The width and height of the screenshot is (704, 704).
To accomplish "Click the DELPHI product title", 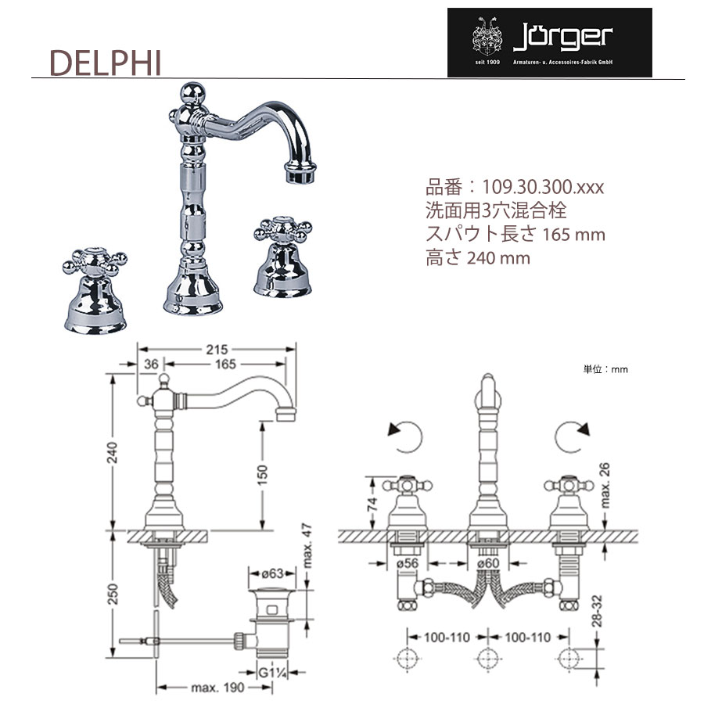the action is pos(105,63).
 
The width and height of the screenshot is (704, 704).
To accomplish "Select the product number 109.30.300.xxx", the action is pos(543,187).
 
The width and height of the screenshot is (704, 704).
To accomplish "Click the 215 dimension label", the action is pos(217,350).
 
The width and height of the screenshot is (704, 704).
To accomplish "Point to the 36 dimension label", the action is pos(151,364).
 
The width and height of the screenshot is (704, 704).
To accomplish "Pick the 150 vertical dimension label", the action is pos(262,475).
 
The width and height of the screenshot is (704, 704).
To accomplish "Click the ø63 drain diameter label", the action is pos(272,573).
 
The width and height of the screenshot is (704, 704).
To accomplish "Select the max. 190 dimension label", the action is pos(217,688).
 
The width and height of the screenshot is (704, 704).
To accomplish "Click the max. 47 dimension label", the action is pos(307,545).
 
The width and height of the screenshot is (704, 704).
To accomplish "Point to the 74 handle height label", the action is pos(372,505).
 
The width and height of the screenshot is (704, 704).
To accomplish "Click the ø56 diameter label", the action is pos(408,563).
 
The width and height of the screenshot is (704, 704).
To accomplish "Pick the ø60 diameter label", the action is pos(488,563).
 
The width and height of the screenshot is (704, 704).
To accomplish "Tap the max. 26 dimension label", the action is pos(605,485).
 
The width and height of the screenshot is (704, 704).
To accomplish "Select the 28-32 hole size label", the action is pos(597,611).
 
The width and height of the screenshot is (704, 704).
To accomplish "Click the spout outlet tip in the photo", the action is pos(300,174).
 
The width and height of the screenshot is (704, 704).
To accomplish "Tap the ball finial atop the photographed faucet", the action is pos(192,93).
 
